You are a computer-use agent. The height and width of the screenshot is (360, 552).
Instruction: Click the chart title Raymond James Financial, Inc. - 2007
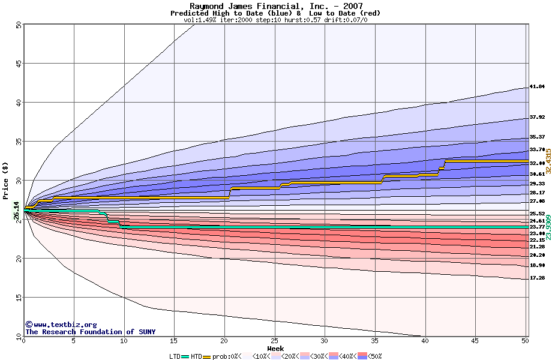[x=275, y=6]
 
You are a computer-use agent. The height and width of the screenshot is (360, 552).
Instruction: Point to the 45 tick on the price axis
[x=18, y=64]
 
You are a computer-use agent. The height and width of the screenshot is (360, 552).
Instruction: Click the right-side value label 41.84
[x=537, y=87]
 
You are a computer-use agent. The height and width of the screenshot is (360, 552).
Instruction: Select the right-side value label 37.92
[x=537, y=118]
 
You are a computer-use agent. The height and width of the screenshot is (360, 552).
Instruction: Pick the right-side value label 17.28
[x=537, y=278]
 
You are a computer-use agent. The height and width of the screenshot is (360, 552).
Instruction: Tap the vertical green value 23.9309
[x=548, y=228]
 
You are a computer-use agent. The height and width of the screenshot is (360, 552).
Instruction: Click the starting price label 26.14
[x=16, y=210]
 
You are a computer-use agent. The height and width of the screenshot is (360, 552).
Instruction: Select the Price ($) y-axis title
[x=6, y=180]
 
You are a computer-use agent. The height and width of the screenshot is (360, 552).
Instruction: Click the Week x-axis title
[x=275, y=349]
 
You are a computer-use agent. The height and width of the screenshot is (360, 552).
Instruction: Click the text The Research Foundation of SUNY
[x=90, y=332]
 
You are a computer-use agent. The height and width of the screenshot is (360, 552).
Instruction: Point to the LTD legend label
[x=175, y=356]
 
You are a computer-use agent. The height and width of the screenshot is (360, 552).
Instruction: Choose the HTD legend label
[x=196, y=356]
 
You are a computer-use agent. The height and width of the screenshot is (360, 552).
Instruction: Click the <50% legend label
[x=373, y=356]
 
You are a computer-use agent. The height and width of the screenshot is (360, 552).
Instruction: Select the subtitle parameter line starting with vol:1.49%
[x=275, y=20]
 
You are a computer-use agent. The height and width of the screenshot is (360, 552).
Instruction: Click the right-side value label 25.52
[x=537, y=214]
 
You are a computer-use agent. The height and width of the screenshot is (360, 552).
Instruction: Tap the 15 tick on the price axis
[x=18, y=298]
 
